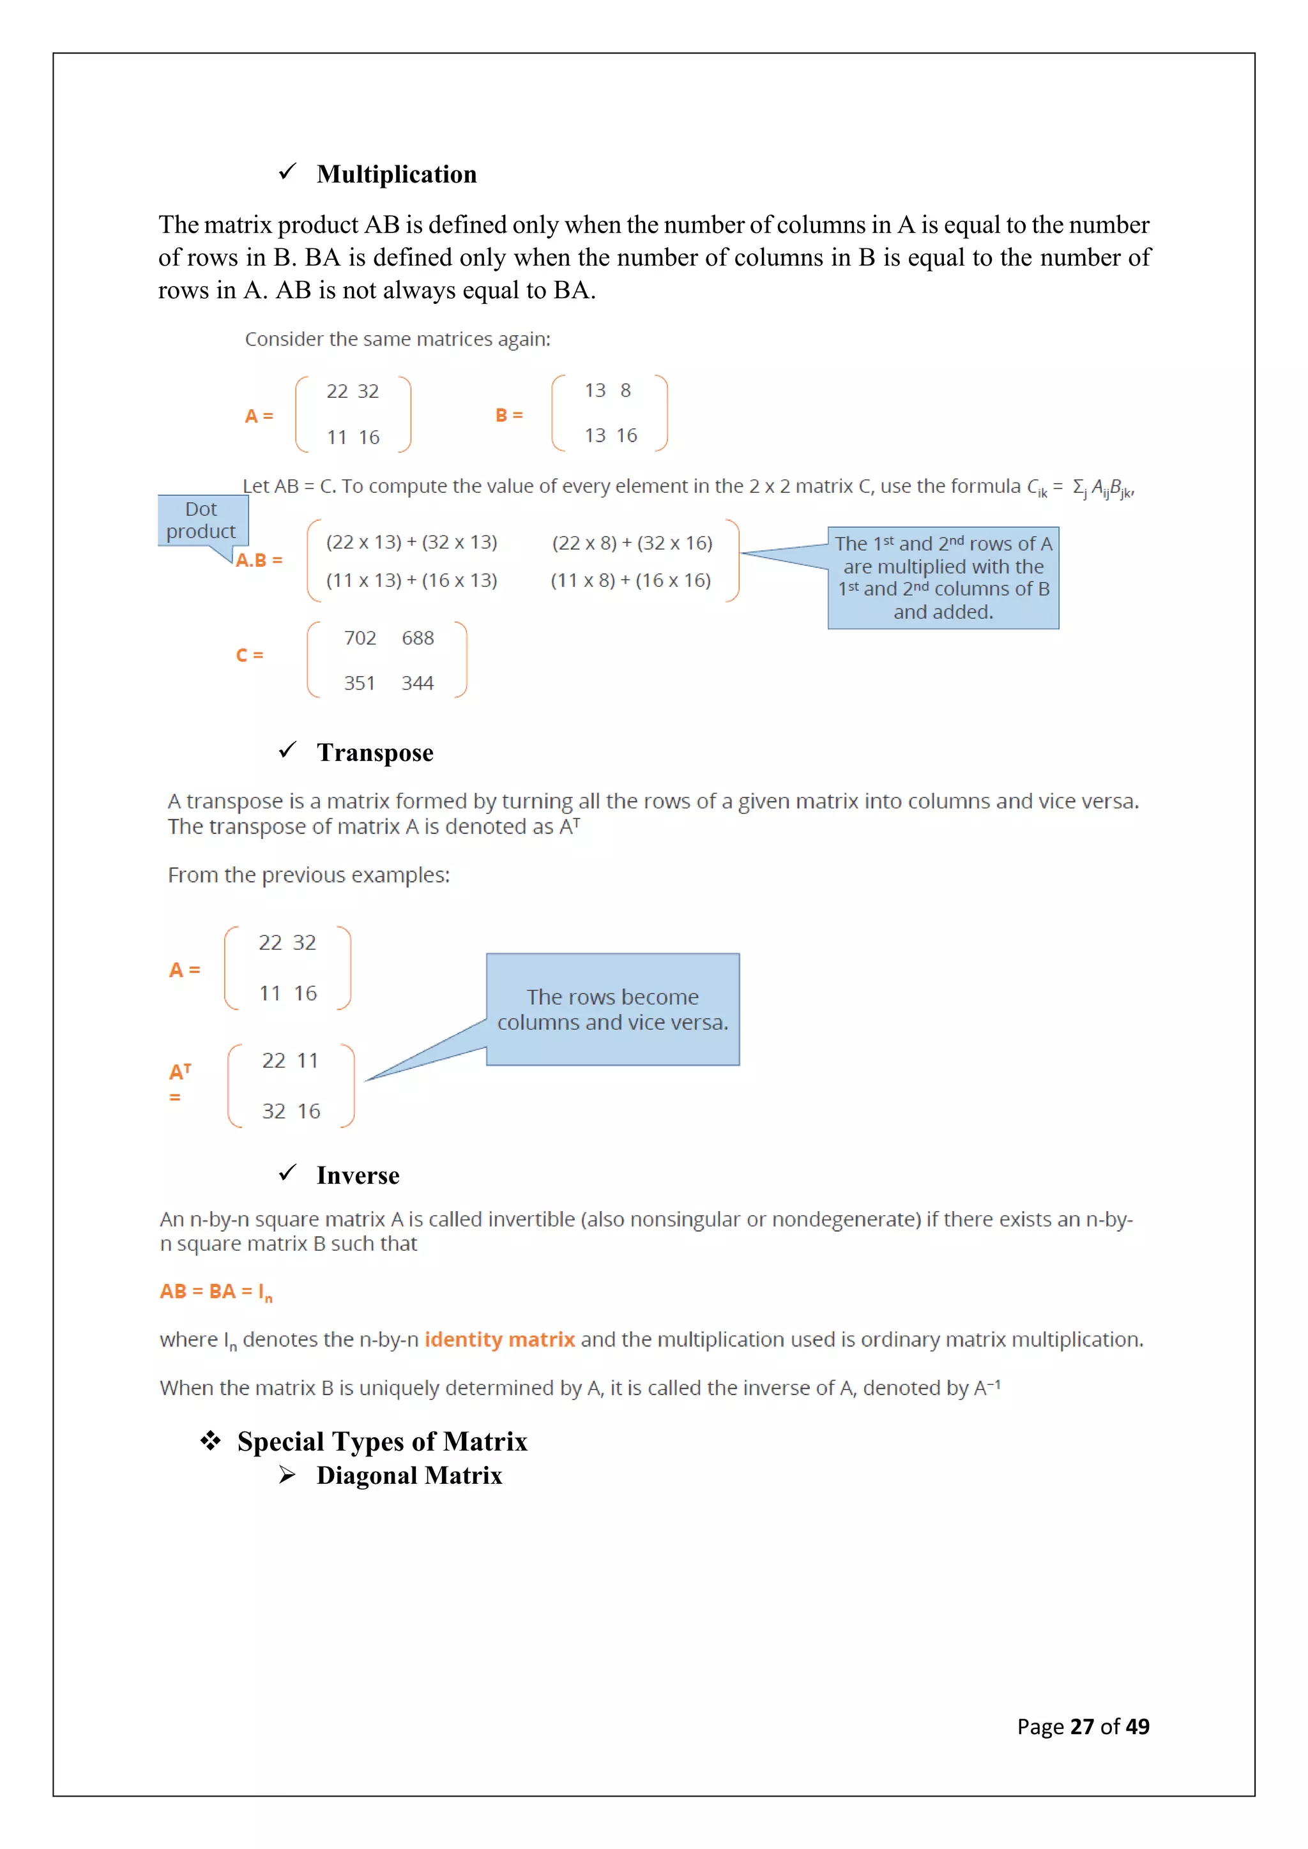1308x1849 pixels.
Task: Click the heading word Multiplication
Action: (396, 175)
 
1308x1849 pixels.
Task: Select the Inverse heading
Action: (358, 1176)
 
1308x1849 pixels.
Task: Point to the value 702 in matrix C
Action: (360, 638)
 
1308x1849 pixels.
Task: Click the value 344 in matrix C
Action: (417, 684)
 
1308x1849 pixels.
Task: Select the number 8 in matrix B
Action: (625, 391)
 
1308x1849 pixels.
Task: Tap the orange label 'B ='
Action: (509, 416)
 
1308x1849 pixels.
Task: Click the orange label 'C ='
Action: (250, 656)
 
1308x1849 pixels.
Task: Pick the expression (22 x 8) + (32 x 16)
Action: (632, 543)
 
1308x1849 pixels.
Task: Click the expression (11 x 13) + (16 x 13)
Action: (411, 580)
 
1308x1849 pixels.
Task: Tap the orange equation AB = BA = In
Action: (216, 1292)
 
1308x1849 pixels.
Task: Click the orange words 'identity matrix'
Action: (499, 1340)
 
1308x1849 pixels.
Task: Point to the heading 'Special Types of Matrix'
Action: (382, 1442)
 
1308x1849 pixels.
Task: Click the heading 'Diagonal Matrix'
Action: (409, 1476)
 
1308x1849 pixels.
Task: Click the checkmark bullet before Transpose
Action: (287, 751)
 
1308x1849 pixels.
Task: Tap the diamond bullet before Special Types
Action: (211, 1441)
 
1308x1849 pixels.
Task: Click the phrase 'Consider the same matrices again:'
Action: (398, 340)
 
